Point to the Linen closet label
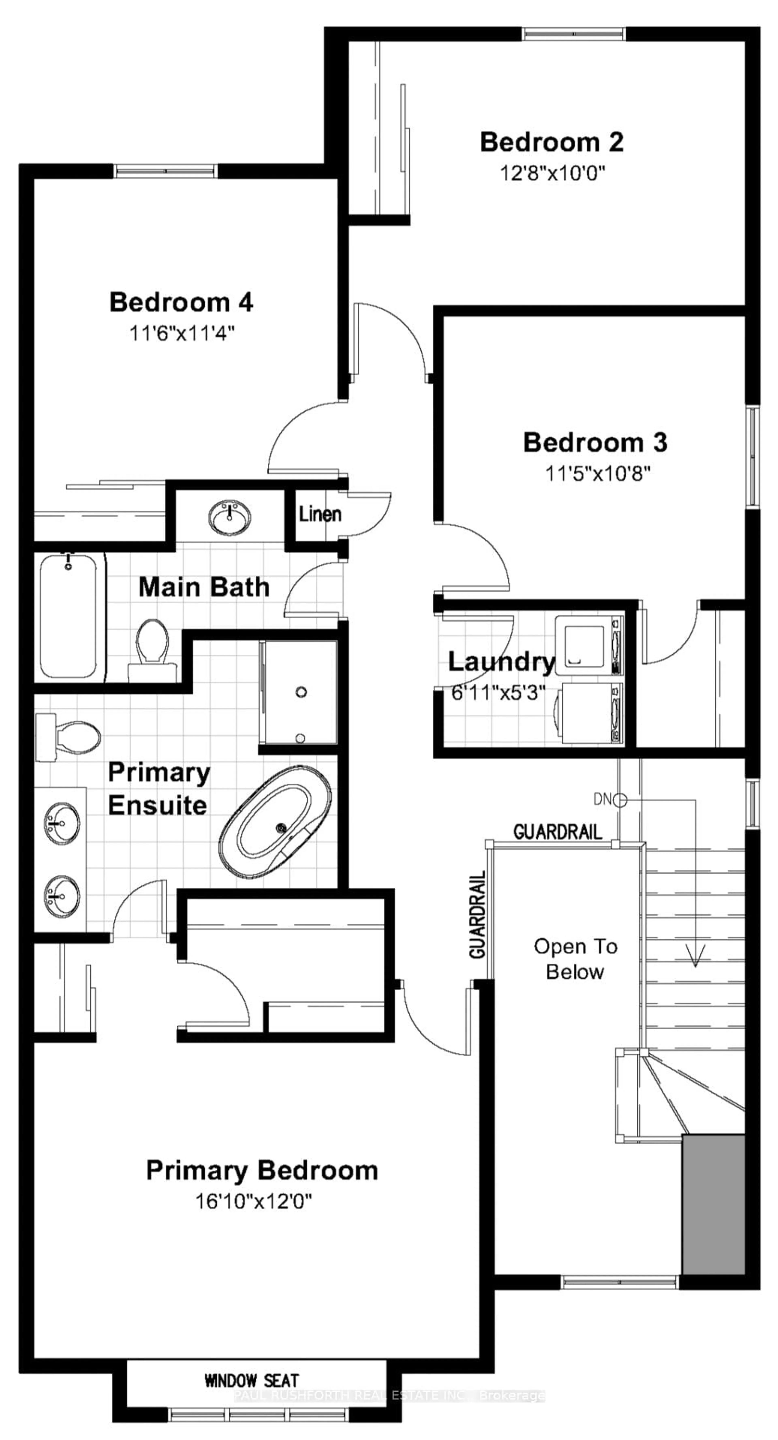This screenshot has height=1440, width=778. click(x=319, y=514)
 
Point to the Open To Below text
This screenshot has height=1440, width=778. click(x=575, y=959)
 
